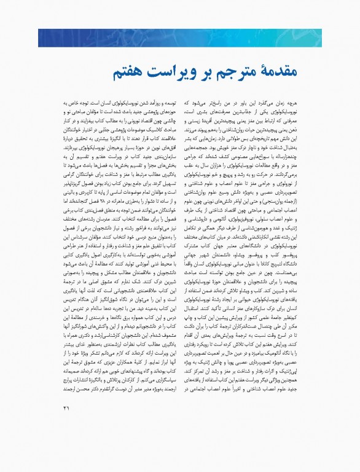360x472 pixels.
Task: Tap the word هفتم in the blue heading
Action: click(147, 73)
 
